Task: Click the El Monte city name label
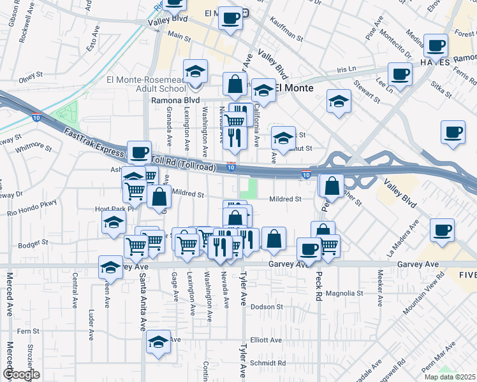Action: (294, 88)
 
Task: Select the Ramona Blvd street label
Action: (175, 101)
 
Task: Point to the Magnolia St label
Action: (344, 294)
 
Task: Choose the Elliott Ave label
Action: (266, 340)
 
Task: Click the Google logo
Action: (21, 374)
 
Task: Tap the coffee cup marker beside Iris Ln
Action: (400, 74)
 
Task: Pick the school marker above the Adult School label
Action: (196, 71)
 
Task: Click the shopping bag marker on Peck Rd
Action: (332, 187)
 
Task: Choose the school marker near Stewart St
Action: (339, 101)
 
